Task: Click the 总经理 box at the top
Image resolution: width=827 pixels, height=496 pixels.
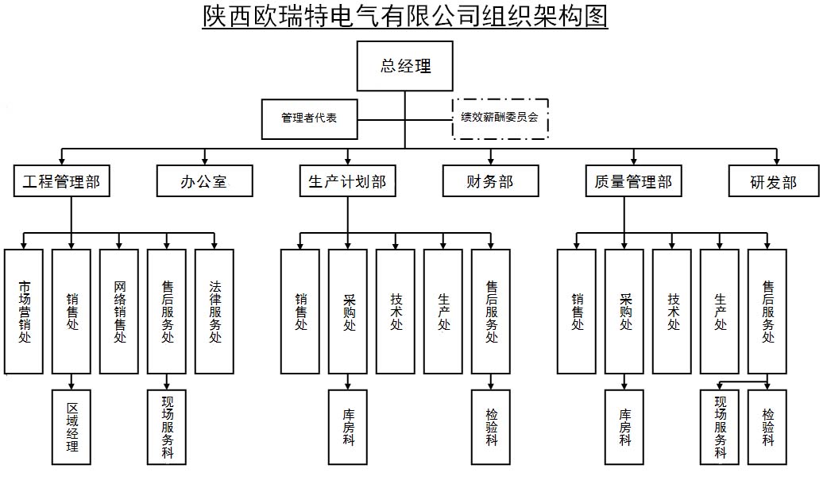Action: click(x=405, y=67)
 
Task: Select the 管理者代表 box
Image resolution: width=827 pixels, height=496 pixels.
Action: click(x=309, y=118)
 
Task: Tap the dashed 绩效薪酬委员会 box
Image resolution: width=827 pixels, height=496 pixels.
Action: click(x=500, y=118)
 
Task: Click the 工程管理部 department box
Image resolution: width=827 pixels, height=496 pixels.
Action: click(x=62, y=182)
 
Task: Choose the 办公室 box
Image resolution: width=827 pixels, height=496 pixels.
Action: click(x=204, y=182)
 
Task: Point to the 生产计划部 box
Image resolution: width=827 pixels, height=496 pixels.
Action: click(x=347, y=182)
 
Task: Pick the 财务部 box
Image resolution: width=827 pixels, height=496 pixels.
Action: click(x=490, y=182)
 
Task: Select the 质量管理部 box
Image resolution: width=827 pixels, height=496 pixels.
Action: click(x=633, y=182)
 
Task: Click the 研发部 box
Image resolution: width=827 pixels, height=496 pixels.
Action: click(x=774, y=182)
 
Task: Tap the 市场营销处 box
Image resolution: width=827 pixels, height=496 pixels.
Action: click(x=24, y=311)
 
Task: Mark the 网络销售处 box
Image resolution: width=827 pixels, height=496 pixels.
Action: click(x=119, y=311)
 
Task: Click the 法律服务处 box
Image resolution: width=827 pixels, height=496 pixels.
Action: click(x=214, y=311)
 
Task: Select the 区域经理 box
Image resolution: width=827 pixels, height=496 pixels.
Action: click(x=71, y=427)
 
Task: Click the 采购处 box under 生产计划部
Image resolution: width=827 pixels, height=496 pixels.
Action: click(x=348, y=311)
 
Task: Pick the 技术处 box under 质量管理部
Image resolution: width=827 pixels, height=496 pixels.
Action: click(x=672, y=311)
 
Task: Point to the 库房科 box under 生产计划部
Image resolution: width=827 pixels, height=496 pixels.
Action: click(x=348, y=427)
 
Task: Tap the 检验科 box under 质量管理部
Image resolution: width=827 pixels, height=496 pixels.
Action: click(x=767, y=427)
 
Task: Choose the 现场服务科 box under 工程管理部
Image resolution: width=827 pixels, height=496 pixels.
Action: click(x=167, y=427)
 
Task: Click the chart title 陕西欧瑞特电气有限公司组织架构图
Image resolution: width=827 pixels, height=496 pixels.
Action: click(x=405, y=16)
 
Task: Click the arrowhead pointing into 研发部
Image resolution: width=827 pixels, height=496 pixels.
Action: click(x=777, y=159)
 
